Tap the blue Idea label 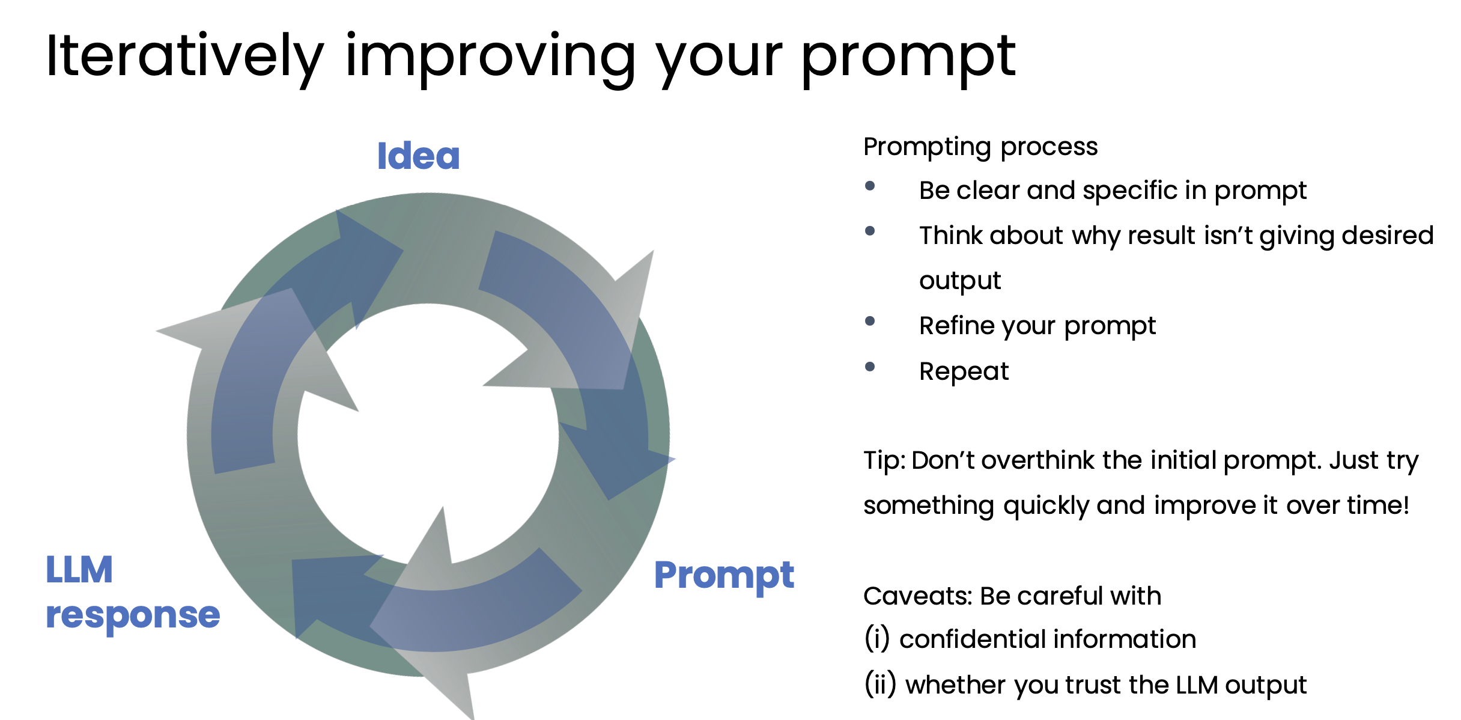(x=419, y=156)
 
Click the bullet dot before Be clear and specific (x=869, y=186)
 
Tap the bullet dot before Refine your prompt (x=869, y=321)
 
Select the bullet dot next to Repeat (x=869, y=367)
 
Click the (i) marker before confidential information (x=877, y=639)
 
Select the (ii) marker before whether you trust (x=880, y=685)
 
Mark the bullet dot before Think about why (x=869, y=231)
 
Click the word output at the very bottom (x=1266, y=686)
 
